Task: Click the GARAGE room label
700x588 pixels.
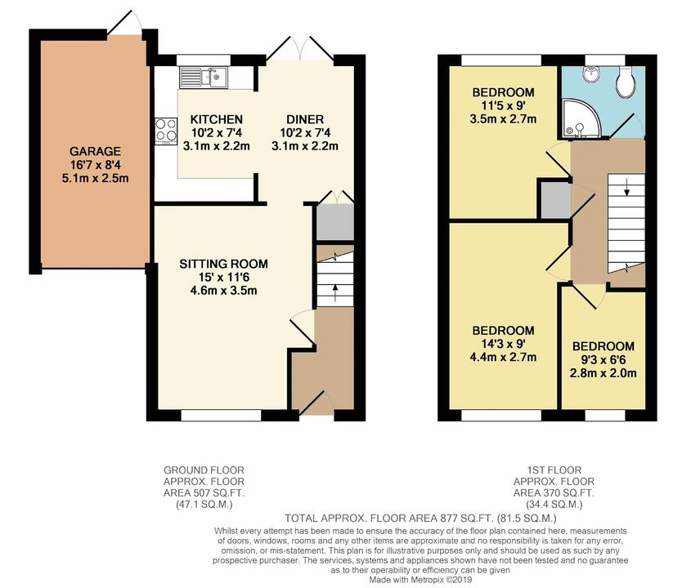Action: click(x=95, y=151)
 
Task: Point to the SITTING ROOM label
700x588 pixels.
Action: click(x=223, y=264)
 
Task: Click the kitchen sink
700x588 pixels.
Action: click(x=205, y=78)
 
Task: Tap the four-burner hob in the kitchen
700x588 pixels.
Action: click(x=166, y=131)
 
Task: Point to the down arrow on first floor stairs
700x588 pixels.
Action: click(x=626, y=191)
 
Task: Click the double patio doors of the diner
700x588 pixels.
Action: click(x=300, y=49)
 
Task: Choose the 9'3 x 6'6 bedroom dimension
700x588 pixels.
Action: click(x=604, y=360)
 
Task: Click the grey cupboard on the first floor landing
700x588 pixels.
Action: click(x=553, y=198)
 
